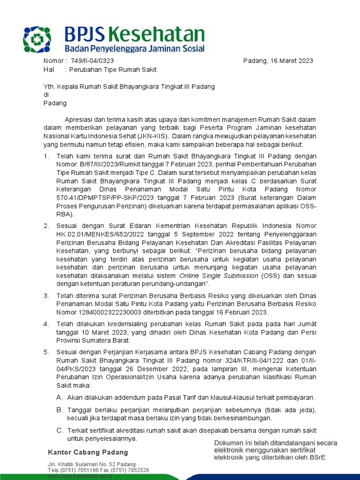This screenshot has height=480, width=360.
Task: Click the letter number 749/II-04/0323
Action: point(92,61)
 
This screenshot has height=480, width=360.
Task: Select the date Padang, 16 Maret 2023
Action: point(278,61)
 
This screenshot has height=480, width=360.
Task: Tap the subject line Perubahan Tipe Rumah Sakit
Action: point(112,70)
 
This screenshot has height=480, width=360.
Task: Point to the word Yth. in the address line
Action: point(49,87)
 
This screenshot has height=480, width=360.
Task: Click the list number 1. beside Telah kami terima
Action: point(46,156)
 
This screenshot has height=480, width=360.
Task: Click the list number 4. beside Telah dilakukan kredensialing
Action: point(46,323)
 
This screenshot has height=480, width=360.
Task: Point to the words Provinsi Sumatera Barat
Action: point(93,340)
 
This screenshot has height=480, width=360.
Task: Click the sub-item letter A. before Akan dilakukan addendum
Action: point(60,397)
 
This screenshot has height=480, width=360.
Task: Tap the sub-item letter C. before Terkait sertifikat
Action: point(60,430)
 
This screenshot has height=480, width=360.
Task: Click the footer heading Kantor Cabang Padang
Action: point(88,452)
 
